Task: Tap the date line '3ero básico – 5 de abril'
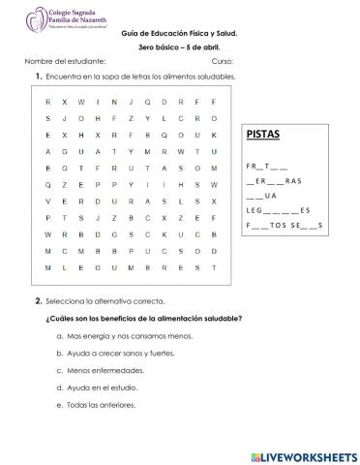click(182, 47)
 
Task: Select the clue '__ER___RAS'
click(274, 180)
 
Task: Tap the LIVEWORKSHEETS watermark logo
click(304, 454)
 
